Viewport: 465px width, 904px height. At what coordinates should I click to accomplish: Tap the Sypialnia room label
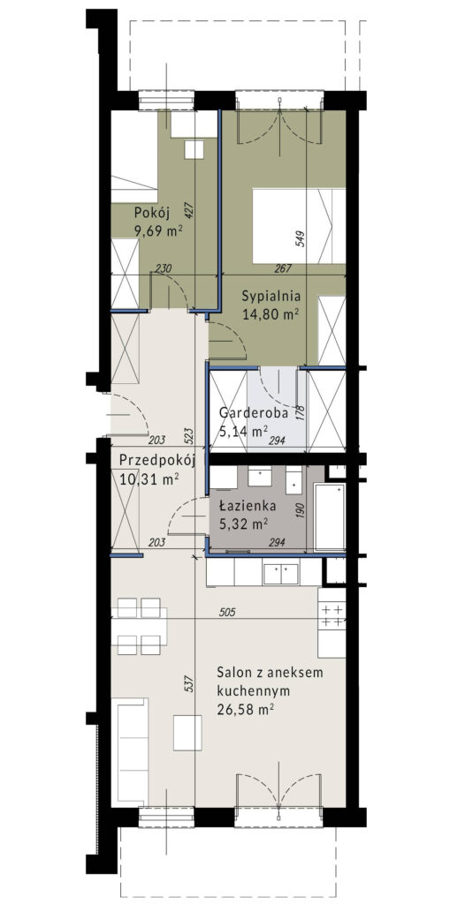point(271,297)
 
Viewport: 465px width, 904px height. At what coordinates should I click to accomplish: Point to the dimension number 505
point(229,613)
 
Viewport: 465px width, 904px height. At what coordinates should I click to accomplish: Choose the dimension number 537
point(189,685)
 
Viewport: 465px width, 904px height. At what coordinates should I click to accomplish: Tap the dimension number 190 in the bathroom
point(300,510)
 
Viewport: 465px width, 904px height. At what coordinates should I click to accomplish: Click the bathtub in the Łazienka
point(329,517)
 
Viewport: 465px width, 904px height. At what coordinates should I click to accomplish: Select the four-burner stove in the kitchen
point(332,615)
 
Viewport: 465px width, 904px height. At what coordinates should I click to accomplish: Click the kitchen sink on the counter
point(281,574)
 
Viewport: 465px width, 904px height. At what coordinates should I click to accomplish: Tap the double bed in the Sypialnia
point(299,225)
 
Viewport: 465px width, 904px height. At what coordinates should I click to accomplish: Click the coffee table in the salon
point(187,733)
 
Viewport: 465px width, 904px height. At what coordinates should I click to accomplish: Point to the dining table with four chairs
point(142,626)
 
